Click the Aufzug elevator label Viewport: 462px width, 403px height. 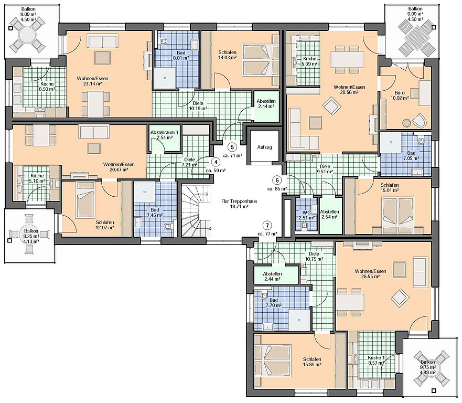tap(264, 147)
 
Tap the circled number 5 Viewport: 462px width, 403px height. tap(232, 147)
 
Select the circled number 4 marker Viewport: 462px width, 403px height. tap(216, 162)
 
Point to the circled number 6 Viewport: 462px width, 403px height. tap(277, 180)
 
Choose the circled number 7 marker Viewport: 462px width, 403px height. tap(267, 226)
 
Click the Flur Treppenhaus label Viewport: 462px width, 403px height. tap(239, 204)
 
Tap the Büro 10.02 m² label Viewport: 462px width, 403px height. tap(400, 95)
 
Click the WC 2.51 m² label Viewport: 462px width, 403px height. tap(306, 215)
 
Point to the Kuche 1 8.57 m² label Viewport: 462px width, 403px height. tap(376, 360)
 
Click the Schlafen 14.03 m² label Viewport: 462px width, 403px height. tap(227, 55)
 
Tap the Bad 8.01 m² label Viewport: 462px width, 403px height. tap(181, 56)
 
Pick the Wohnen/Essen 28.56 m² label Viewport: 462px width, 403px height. tap(349, 90)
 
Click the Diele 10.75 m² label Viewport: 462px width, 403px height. tap(314, 256)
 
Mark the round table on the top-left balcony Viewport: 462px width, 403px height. tap(27, 35)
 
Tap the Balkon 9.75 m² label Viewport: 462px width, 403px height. tap(427, 367)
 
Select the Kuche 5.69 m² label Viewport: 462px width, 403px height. tap(310, 61)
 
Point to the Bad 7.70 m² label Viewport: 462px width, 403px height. tap(273, 303)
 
